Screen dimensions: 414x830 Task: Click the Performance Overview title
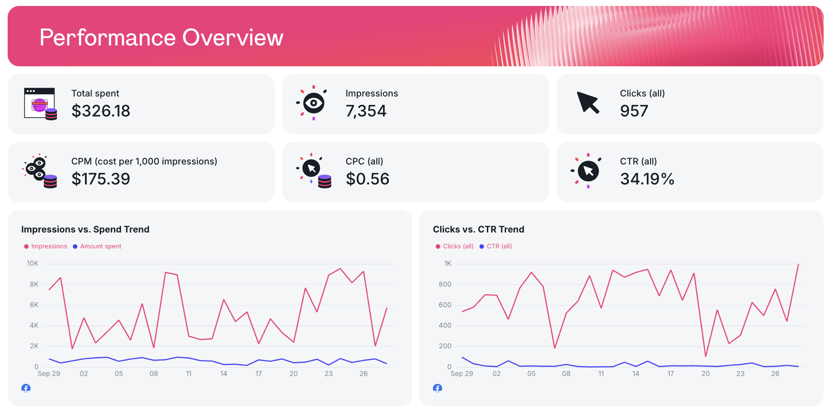[161, 37]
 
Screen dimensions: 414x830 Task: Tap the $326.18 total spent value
[101, 111]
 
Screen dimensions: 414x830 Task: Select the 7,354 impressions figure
[366, 111]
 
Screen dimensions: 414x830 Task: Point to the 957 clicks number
[634, 111]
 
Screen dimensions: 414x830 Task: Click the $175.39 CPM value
[101, 179]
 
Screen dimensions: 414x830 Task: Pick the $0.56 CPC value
[367, 179]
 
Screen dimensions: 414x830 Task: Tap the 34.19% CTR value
[647, 179]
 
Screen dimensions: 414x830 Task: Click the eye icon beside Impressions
[313, 103]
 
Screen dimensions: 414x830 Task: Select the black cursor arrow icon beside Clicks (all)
[588, 102]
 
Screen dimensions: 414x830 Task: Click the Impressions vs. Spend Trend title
[85, 230]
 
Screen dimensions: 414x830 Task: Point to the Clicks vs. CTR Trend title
[478, 230]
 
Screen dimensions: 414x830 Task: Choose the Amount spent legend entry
[100, 247]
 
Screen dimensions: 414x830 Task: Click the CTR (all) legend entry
[499, 247]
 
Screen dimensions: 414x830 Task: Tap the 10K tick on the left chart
[33, 264]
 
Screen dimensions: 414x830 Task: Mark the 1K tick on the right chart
[447, 264]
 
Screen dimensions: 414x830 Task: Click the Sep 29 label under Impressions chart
[49, 374]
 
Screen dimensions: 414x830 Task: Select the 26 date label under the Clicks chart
[775, 374]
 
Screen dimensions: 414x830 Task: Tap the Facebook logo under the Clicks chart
[438, 388]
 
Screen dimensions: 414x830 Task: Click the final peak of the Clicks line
[798, 265]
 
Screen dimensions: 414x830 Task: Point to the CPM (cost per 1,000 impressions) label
[144, 162]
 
